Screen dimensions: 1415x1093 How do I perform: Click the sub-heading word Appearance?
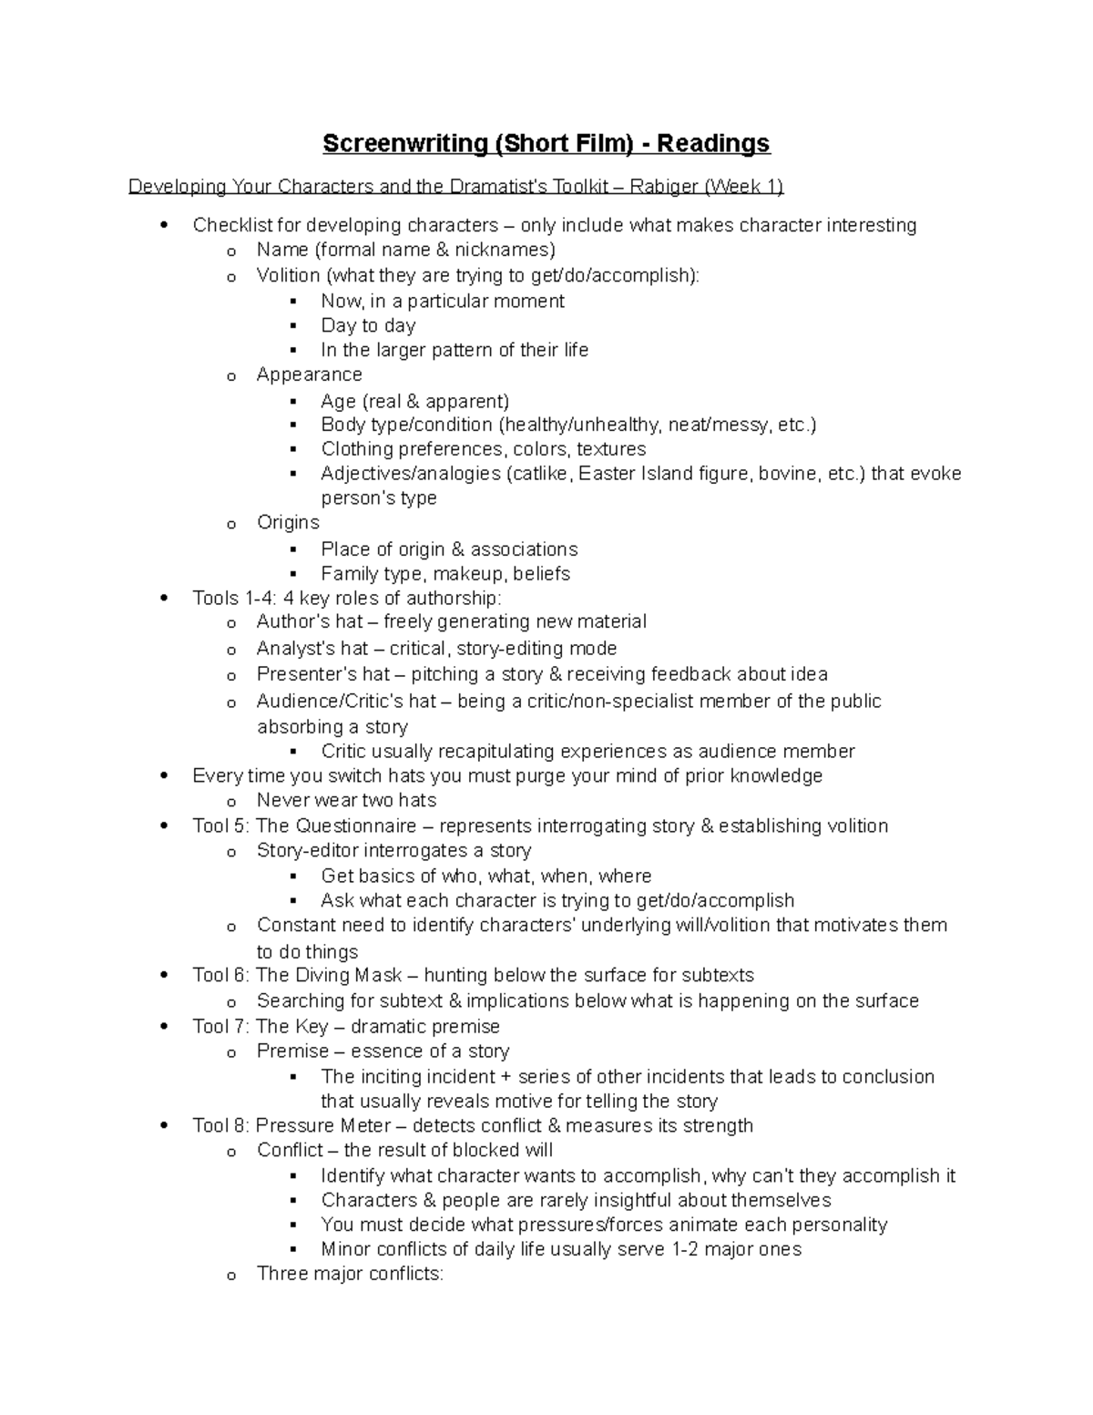309,374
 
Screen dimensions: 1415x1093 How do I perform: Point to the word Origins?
288,522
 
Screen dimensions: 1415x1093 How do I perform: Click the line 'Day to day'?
368,325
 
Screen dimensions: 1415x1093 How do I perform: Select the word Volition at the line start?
288,275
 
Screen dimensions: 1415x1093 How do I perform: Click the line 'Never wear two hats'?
346,800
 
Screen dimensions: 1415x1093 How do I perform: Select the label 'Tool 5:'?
221,825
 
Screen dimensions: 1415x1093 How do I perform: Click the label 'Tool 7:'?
221,1026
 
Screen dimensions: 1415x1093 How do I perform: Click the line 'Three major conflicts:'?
350,1274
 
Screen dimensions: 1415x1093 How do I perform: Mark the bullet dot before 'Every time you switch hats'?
164,776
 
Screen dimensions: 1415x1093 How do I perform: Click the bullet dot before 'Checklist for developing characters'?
164,225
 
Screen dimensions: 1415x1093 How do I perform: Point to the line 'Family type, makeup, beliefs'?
445,573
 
